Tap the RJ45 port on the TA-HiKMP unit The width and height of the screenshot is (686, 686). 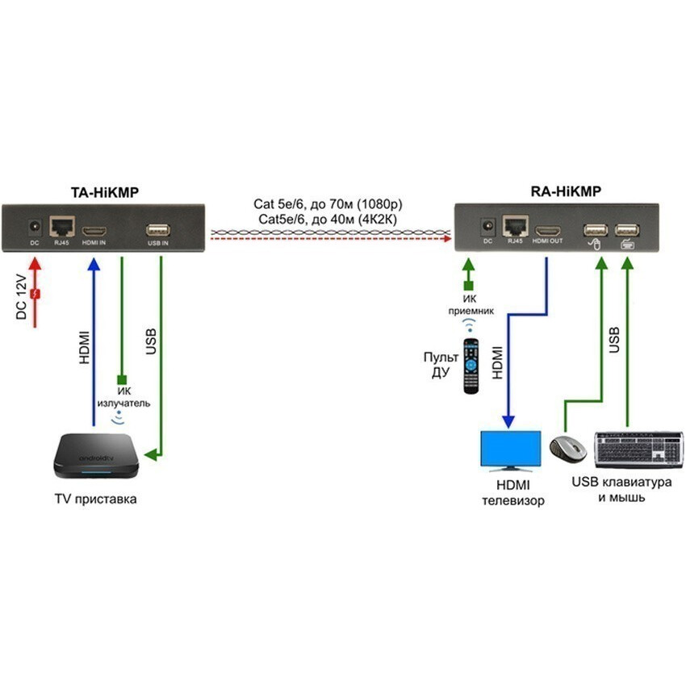coord(61,226)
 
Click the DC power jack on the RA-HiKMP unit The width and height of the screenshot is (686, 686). coord(487,226)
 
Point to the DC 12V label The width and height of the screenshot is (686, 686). coord(22,296)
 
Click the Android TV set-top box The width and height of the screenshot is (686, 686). coord(95,457)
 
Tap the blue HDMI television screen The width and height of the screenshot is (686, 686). coord(510,450)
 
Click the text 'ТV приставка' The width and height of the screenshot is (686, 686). coord(95,499)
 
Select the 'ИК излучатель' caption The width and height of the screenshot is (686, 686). coord(121,396)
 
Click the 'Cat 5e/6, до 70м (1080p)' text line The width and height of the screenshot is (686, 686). coord(328,205)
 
